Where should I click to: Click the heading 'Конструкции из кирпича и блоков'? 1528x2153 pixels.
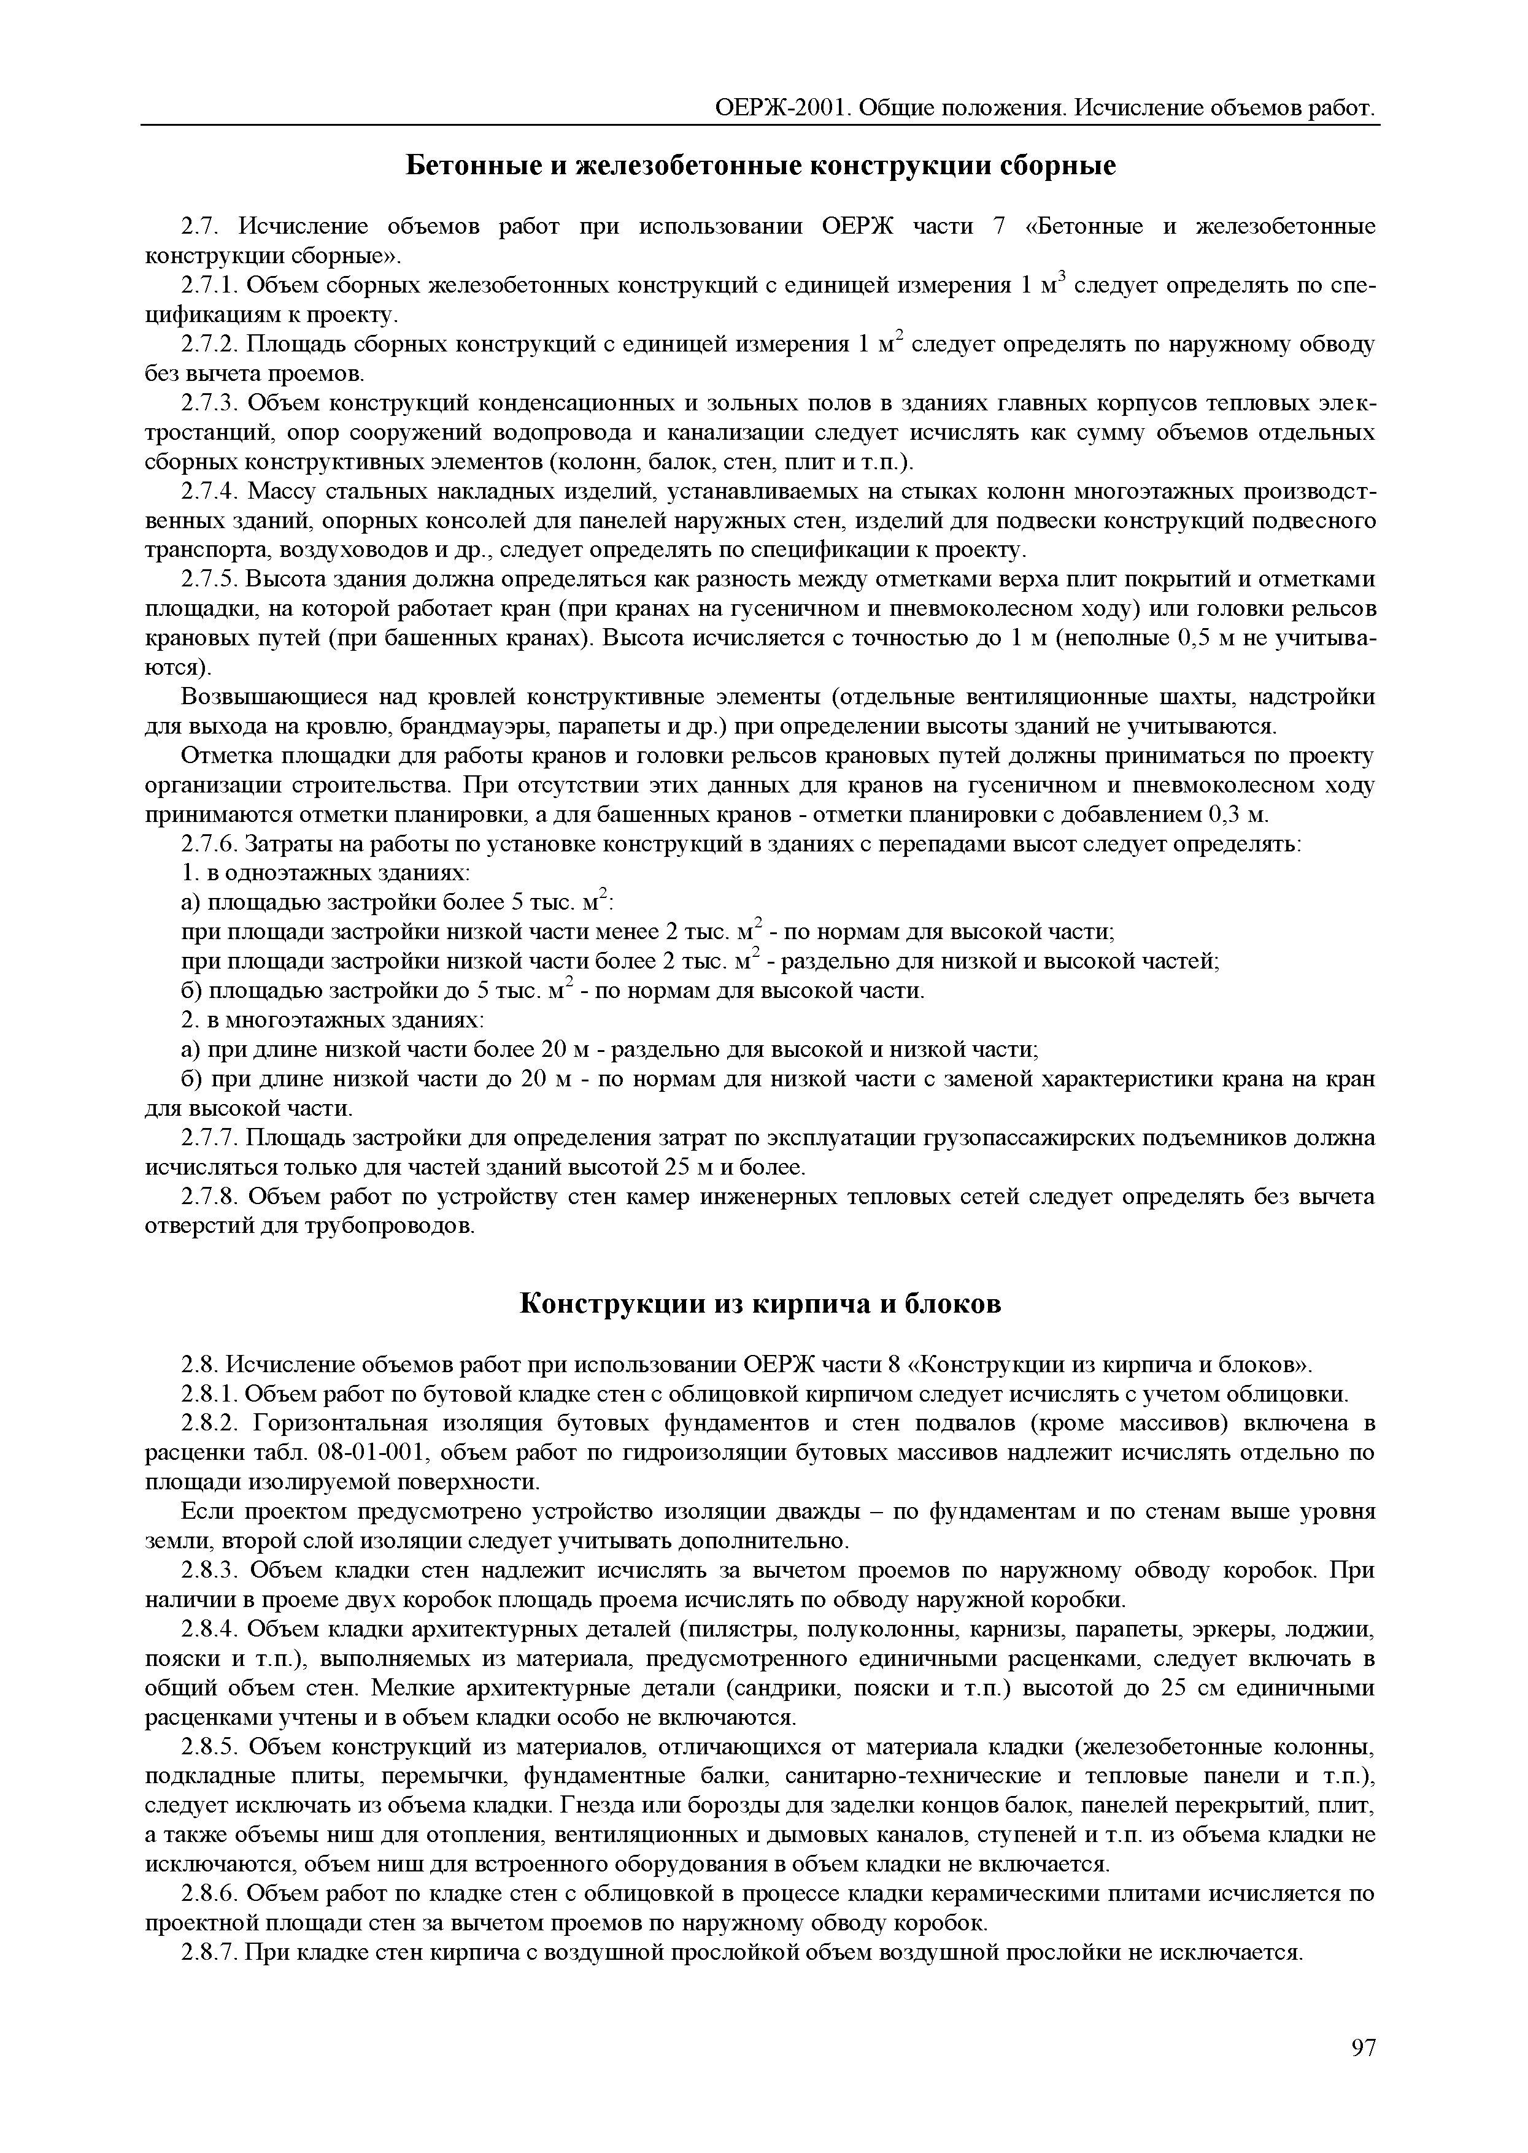pos(761,1305)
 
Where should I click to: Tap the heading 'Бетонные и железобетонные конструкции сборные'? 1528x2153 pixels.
pos(761,166)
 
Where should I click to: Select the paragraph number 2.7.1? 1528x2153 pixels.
pos(209,286)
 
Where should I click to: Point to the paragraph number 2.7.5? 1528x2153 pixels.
pos(209,580)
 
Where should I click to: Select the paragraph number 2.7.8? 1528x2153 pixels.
pos(209,1197)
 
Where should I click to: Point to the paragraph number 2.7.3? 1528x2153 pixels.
pos(209,404)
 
